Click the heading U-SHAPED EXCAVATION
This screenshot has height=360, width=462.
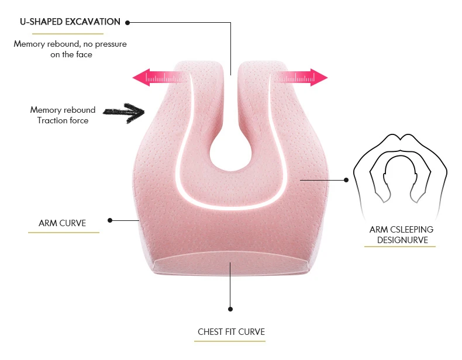70,22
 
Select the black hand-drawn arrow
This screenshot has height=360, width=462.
124,112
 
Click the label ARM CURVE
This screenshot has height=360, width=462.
62,223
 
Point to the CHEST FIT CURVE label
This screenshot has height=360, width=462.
232,332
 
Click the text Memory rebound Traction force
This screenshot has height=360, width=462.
63,115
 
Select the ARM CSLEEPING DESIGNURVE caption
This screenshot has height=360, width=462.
401,234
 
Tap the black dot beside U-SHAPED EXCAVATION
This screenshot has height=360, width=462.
127,23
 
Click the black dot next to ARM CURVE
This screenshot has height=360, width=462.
110,220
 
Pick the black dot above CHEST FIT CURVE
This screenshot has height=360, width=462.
230,309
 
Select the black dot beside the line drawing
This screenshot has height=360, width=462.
346,180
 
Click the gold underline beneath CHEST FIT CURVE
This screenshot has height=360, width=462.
230,341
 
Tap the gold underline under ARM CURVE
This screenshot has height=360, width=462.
64,233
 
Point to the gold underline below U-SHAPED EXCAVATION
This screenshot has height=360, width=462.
68,34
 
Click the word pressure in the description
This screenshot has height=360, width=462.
111,44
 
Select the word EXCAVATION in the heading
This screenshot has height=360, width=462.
93,22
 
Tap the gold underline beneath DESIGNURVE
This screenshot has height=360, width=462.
400,247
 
